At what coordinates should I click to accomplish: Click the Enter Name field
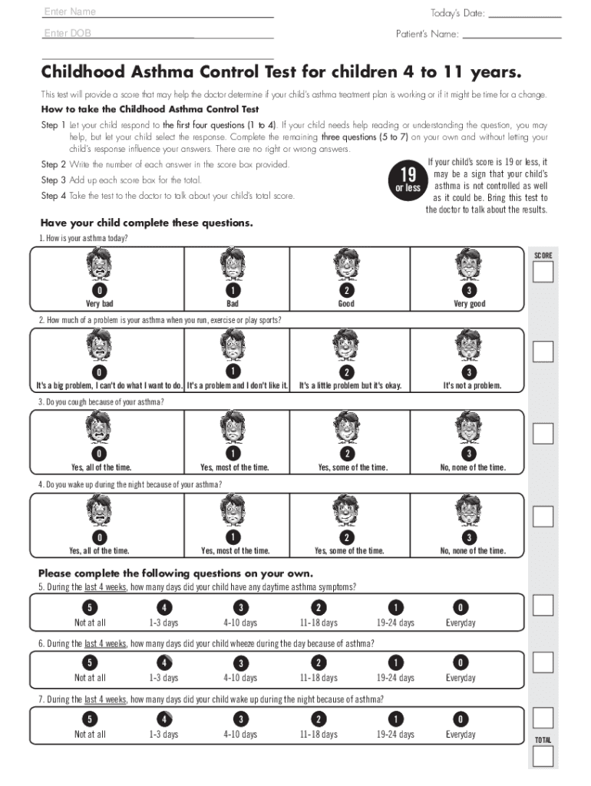[157, 12]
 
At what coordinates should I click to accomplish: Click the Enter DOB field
[157, 33]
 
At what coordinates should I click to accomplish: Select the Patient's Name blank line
[511, 34]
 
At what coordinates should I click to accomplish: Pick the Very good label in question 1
[469, 304]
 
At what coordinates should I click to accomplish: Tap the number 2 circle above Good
[346, 291]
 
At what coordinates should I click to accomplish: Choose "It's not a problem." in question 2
[472, 385]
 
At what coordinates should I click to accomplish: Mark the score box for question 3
[543, 434]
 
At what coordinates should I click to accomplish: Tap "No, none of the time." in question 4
[473, 550]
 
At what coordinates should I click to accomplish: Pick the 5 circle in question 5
[90, 606]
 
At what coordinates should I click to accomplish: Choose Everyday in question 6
[461, 678]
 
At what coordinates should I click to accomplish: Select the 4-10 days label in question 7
[240, 735]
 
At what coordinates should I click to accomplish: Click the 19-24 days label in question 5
[395, 623]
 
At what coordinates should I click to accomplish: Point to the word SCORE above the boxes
[543, 255]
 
